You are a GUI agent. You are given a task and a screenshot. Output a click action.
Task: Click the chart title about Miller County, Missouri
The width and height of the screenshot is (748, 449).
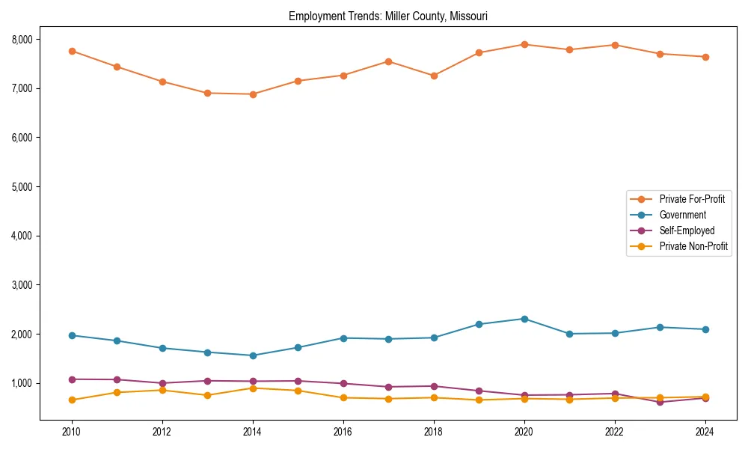tap(388, 16)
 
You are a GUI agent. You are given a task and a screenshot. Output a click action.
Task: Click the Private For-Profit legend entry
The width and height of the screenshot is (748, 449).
tap(687, 199)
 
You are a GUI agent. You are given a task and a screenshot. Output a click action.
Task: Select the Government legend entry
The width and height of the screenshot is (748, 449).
tap(682, 215)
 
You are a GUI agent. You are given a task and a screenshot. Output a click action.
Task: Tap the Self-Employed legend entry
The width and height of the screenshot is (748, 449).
tap(687, 230)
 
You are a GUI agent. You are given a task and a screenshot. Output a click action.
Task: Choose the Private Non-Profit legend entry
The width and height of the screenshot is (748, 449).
tap(693, 246)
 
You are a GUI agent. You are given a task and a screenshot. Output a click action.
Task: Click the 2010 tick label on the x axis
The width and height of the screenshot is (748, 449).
tap(72, 432)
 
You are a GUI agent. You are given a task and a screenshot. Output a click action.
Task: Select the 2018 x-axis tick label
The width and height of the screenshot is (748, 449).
tap(434, 432)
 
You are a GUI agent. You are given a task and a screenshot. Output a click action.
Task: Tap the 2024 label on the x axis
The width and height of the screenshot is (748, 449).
tap(705, 432)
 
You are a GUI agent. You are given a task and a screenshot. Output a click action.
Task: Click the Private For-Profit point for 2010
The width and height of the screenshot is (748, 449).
tap(72, 51)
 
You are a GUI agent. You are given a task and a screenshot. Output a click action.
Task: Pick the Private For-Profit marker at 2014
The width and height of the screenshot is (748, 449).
tap(253, 94)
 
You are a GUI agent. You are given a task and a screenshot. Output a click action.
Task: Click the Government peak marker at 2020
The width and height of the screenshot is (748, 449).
tap(524, 319)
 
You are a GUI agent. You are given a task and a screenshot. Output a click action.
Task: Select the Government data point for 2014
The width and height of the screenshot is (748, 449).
tap(253, 355)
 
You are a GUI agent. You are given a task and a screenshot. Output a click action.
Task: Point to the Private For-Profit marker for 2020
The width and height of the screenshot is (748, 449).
tap(524, 44)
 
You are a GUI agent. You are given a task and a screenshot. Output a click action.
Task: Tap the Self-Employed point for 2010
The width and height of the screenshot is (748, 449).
tap(72, 379)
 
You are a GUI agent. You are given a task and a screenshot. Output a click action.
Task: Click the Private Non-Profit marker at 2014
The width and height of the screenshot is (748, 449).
tap(253, 388)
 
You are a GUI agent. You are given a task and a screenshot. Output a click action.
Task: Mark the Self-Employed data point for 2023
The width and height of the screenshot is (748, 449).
tap(660, 403)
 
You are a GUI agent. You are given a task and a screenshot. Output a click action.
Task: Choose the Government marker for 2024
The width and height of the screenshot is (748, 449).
tap(705, 329)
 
